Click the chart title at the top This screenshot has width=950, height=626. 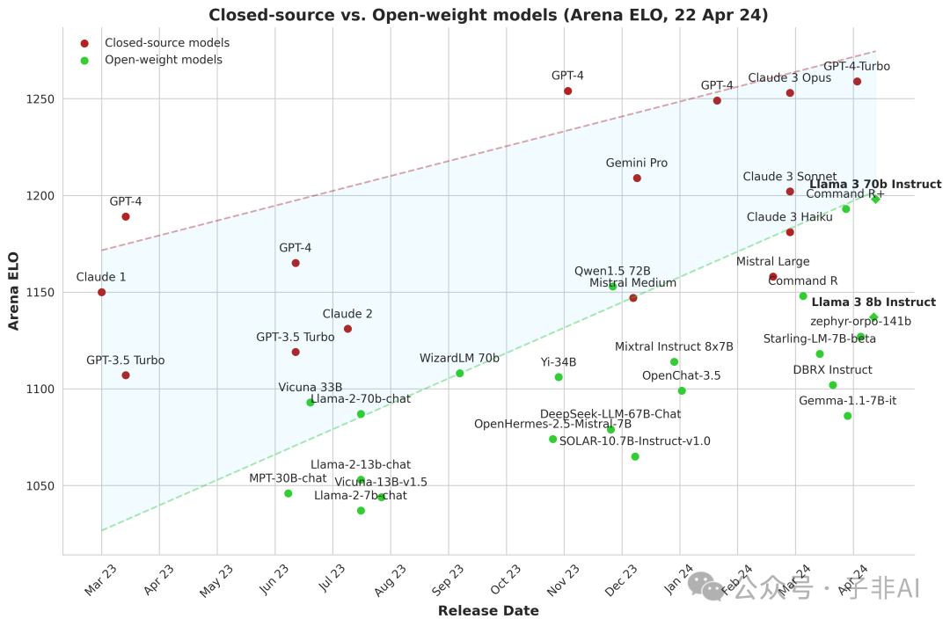click(488, 15)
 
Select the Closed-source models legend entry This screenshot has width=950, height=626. click(167, 43)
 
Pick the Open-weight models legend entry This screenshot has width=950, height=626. click(164, 60)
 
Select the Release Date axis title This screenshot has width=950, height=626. click(488, 611)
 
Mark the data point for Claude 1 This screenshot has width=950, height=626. click(102, 292)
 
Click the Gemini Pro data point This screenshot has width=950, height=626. click(637, 178)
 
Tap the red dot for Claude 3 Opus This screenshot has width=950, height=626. click(790, 93)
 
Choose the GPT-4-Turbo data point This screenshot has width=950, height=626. click(857, 82)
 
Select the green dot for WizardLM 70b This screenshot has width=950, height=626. click(459, 374)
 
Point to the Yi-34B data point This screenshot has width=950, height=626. click(559, 377)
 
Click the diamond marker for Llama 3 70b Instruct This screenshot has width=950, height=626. click(875, 199)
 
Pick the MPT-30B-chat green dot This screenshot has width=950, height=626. click(289, 494)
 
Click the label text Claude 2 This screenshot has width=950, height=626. click(347, 314)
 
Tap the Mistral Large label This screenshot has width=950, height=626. click(772, 262)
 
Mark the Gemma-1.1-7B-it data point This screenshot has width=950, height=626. click(848, 416)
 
